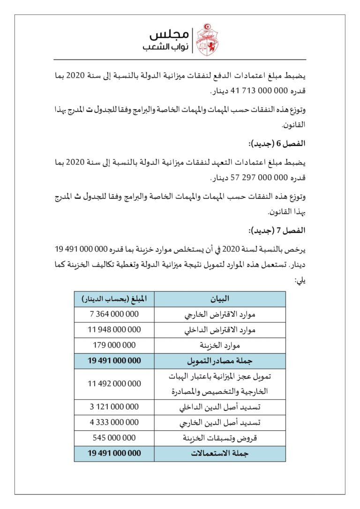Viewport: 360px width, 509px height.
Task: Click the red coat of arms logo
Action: tap(207, 39)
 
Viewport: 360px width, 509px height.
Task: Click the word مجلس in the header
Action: tap(169, 34)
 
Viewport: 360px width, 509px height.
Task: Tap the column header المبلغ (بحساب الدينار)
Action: tap(114, 299)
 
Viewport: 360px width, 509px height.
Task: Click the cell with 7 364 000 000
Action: tap(114, 314)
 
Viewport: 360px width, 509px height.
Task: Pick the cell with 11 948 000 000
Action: tap(114, 330)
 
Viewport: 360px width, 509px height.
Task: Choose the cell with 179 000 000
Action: tap(114, 345)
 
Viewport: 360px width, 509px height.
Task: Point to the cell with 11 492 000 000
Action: tap(114, 384)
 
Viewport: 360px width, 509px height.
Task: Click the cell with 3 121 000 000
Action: tap(114, 407)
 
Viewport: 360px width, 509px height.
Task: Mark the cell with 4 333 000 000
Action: tap(114, 422)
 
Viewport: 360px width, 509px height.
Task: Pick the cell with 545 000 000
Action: tap(114, 438)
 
